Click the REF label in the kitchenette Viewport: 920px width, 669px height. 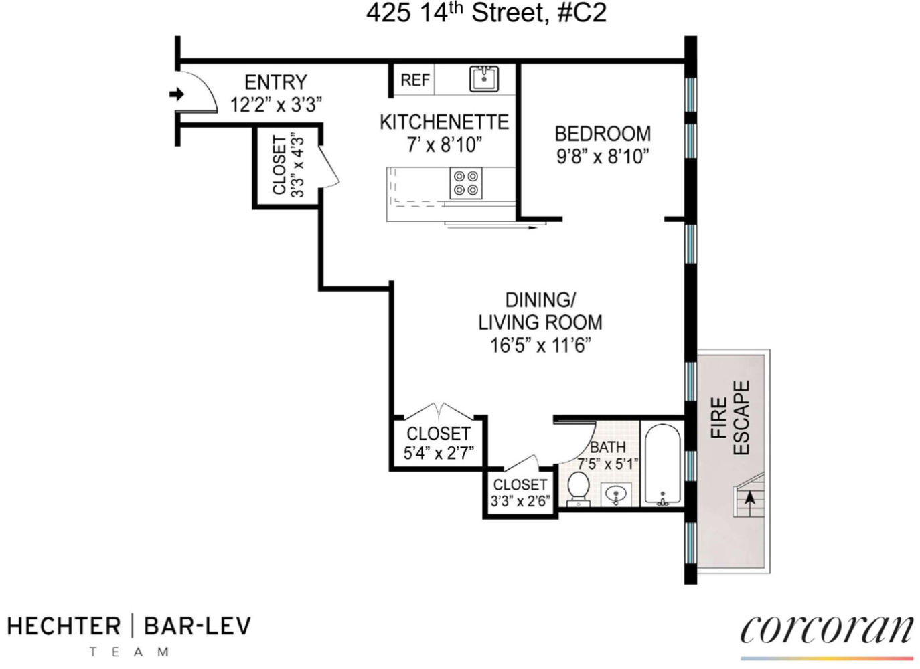pyautogui.click(x=414, y=80)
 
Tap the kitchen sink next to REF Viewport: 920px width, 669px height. pyautogui.click(x=483, y=79)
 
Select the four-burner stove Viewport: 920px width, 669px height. pyautogui.click(x=466, y=183)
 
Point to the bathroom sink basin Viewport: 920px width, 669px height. pyautogui.click(x=616, y=495)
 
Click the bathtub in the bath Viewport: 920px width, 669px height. pyautogui.click(x=662, y=464)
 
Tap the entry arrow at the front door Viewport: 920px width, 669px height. pyautogui.click(x=177, y=94)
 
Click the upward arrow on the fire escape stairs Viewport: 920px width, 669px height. pyautogui.click(x=750, y=498)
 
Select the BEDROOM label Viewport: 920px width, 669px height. pyautogui.click(x=602, y=134)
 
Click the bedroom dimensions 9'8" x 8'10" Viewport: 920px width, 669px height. pyautogui.click(x=602, y=157)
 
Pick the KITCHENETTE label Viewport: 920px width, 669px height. pyautogui.click(x=444, y=122)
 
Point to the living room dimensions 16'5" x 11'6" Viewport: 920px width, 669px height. pyautogui.click(x=540, y=345)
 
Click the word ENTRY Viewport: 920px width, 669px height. pyautogui.click(x=275, y=82)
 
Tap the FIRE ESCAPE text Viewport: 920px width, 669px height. pyautogui.click(x=730, y=418)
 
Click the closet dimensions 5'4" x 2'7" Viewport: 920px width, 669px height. pyautogui.click(x=439, y=453)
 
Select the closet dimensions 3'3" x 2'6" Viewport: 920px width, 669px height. pyautogui.click(x=520, y=501)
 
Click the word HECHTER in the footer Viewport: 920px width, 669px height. pyautogui.click(x=64, y=626)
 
